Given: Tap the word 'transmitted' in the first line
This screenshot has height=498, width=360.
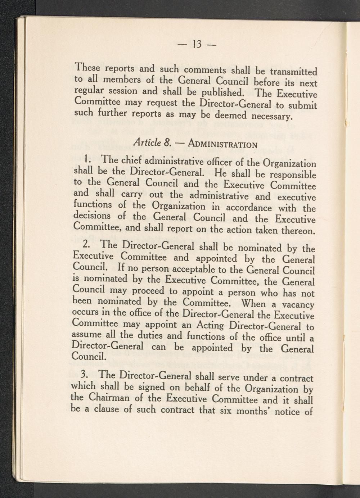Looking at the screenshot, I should coord(294,72).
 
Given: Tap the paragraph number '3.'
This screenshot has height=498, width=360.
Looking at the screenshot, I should coord(85,375).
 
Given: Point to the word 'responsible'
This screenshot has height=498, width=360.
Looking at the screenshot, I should coord(293,175).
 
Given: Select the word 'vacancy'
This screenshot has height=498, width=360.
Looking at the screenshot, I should coord(298,305).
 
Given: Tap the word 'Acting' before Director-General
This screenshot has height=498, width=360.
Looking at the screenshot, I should coord(210,326).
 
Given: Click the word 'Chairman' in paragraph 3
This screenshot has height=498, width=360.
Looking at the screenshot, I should coord(106,398).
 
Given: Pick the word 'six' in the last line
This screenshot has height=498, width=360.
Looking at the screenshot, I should coord(225,411).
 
